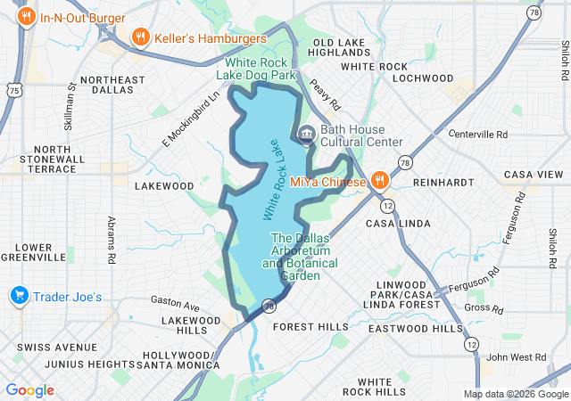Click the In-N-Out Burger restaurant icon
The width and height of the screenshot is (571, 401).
pos(28,16)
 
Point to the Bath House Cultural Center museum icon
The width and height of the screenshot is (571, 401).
pos(305,135)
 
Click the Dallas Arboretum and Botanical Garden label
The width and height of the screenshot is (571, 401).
pos(300,257)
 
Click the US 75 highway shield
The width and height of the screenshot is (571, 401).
pos(12,90)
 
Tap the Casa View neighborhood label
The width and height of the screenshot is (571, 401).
pos(534,175)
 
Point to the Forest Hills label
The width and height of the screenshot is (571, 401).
pos(310,327)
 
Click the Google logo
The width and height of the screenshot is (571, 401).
pos(29,390)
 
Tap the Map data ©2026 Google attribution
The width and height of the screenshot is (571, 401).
pos(515,394)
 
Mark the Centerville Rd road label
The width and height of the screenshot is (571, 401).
pos(477,135)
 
